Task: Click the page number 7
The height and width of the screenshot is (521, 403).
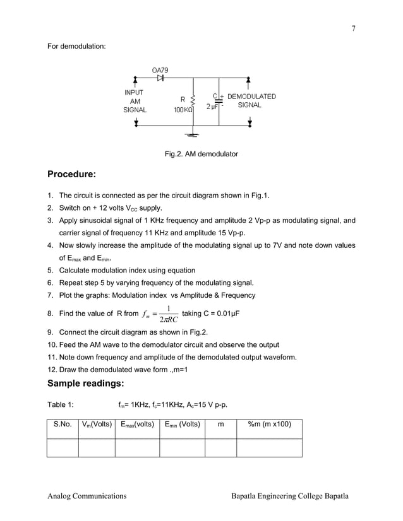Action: pos(354,28)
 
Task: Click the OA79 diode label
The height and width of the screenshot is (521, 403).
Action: pos(160,69)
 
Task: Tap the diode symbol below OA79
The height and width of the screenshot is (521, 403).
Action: pos(160,78)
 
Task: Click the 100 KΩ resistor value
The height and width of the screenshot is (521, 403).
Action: pos(184,110)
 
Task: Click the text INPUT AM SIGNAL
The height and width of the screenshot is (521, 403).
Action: pos(135,101)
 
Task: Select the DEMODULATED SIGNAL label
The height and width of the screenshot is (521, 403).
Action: pos(251,101)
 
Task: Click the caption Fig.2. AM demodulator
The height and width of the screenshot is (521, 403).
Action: pos(201,154)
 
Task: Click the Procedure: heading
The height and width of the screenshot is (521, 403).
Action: pos(71,174)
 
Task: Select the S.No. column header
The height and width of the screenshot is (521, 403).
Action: pos(63,424)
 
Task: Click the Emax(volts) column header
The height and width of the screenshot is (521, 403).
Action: pos(136,424)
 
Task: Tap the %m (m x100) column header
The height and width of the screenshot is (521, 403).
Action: pos(269,424)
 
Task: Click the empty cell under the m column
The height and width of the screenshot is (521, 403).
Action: pos(220,447)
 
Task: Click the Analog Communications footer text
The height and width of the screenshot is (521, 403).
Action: pos(87,496)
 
